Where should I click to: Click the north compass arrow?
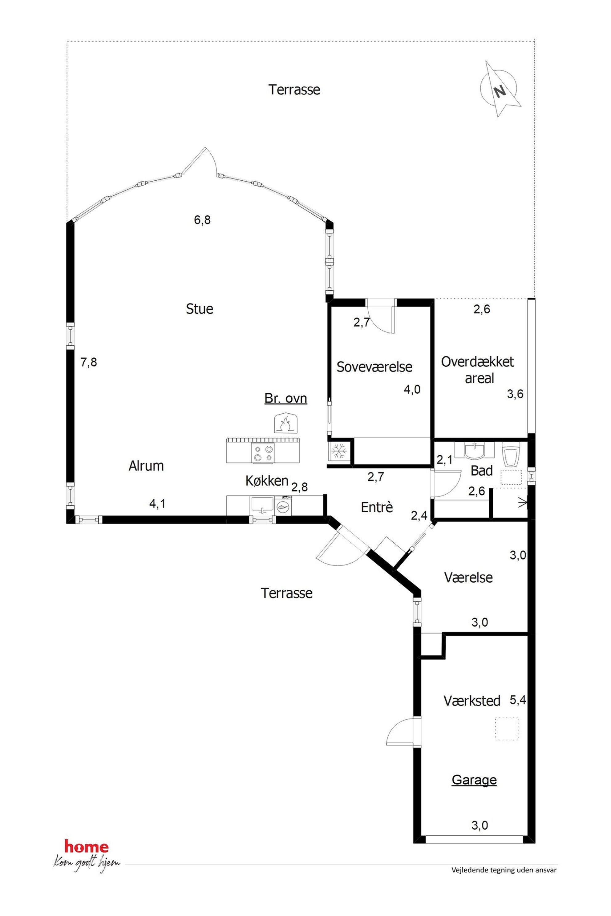(x=501, y=90)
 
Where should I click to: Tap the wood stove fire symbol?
(x=286, y=423)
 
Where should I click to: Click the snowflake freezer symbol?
(x=339, y=451)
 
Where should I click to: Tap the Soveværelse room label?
(x=374, y=367)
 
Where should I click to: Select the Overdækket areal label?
(x=477, y=370)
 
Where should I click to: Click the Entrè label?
(x=377, y=507)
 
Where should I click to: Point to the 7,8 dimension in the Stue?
(x=88, y=363)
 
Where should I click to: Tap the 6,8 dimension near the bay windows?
(x=202, y=220)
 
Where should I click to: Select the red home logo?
(x=87, y=846)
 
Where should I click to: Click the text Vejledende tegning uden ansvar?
(x=504, y=870)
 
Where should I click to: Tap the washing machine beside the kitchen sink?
(x=283, y=505)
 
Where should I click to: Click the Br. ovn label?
(x=285, y=398)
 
